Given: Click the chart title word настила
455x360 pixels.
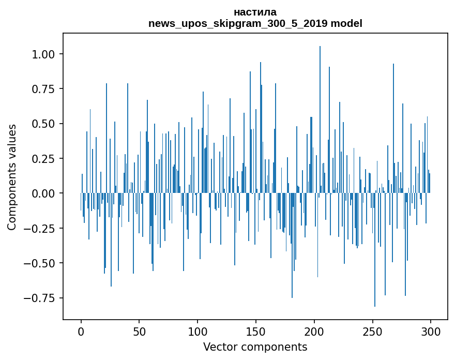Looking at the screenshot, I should pyautogui.click(x=255, y=12).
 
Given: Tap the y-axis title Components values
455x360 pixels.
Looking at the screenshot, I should pyautogui.click(x=12, y=177).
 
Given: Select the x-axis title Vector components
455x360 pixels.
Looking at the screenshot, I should pyautogui.click(x=255, y=347).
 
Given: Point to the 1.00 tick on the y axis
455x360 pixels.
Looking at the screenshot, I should pyautogui.click(x=44, y=54).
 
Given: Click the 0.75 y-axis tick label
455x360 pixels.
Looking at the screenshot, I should pyautogui.click(x=44, y=89).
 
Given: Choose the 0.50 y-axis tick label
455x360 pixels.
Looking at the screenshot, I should pyautogui.click(x=44, y=124).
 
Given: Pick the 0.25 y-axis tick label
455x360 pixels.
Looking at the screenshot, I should pyautogui.click(x=44, y=158).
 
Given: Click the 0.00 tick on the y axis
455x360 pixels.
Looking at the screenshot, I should pyautogui.click(x=44, y=193).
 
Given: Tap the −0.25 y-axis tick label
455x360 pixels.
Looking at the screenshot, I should pyautogui.click(x=41, y=228).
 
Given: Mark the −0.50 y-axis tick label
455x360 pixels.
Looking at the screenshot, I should pyautogui.click(x=41, y=263).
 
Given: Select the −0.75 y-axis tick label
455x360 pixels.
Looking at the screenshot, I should pyautogui.click(x=41, y=298).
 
